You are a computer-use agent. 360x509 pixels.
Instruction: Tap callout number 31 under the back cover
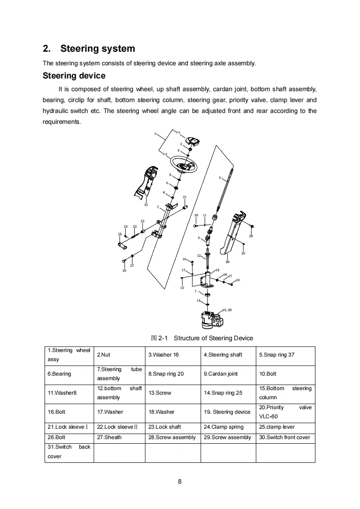(x=146, y=205)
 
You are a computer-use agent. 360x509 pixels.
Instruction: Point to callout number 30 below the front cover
(x=227, y=262)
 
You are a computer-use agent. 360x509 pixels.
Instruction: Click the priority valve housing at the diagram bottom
(x=210, y=320)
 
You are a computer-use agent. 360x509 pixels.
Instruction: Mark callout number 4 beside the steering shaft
(x=219, y=178)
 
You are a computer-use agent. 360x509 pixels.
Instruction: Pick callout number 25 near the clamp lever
(x=120, y=235)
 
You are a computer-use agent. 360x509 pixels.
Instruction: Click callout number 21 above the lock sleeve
(x=184, y=197)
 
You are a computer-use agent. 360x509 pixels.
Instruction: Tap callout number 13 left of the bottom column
(x=182, y=288)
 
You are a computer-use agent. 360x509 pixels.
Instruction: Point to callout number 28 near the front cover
(x=251, y=236)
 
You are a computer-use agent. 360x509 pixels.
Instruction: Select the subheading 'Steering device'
(x=74, y=76)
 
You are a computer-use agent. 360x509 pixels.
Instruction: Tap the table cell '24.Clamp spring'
(x=223, y=427)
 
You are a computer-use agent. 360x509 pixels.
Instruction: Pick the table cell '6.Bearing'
(x=59, y=374)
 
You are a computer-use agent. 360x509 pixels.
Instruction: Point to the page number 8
(x=180, y=482)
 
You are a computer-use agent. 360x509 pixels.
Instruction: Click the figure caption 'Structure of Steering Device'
(x=213, y=338)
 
